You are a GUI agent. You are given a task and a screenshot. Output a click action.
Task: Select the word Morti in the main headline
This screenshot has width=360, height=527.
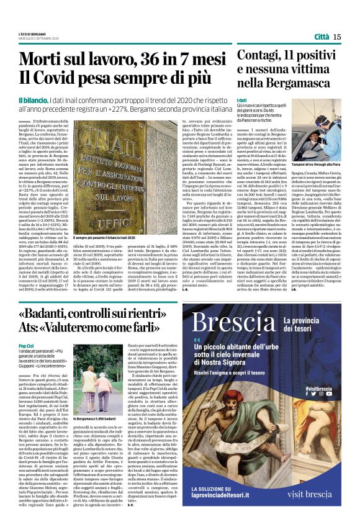(x=45, y=60)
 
